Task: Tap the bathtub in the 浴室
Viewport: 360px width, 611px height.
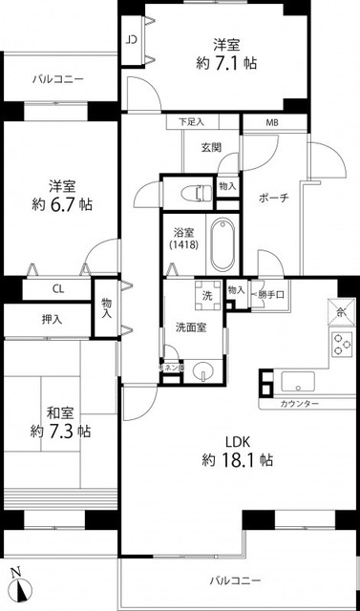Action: pos(222,244)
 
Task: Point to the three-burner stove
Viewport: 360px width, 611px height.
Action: pos(342,345)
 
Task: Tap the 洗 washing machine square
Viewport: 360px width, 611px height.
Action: pos(205,294)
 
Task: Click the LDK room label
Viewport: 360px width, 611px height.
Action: pos(239,441)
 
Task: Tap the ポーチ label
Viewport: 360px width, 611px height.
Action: pos(273,199)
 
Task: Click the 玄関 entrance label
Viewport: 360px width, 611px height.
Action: pos(211,147)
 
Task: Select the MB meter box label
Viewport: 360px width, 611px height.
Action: pos(273,123)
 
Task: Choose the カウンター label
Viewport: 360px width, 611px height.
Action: pos(300,405)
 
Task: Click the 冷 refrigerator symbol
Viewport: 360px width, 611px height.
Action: pos(342,312)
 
